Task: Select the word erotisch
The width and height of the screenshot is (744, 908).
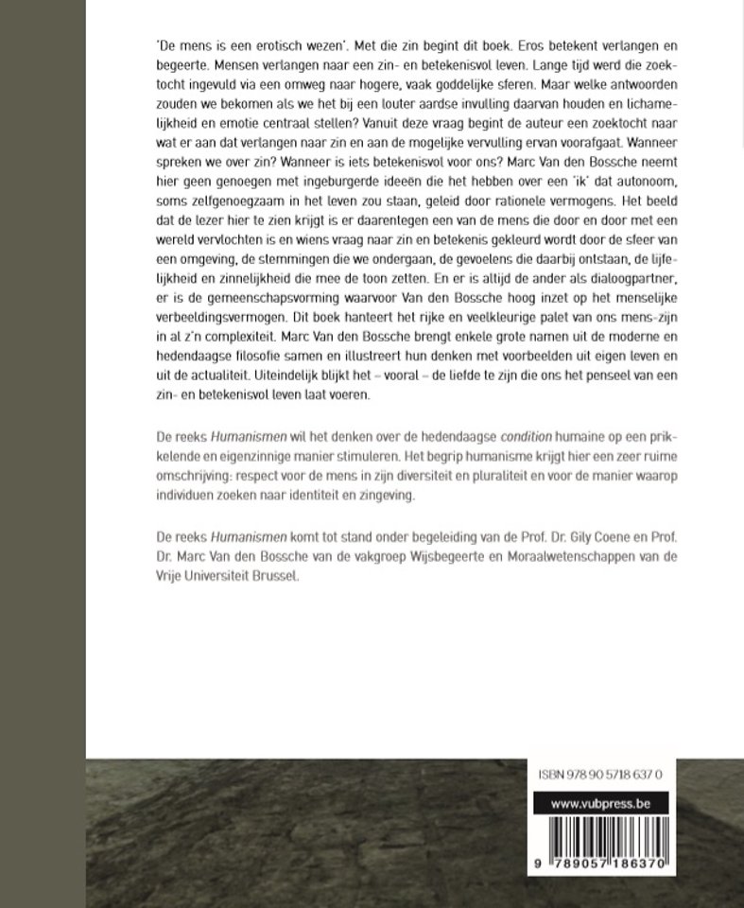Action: click(254, 45)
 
